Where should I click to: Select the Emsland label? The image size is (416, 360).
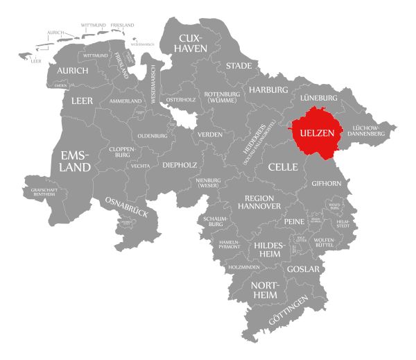(x=76, y=161)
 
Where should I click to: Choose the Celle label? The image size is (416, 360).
(x=283, y=167)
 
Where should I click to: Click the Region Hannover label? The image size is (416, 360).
(x=261, y=202)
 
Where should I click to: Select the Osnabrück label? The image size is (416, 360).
(x=126, y=208)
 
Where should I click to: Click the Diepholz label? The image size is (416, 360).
(x=180, y=165)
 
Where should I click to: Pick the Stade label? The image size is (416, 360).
(x=238, y=66)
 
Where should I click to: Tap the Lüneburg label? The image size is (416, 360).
(x=318, y=98)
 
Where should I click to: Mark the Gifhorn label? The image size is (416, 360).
(x=327, y=184)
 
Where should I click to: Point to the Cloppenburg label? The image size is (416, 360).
(x=121, y=153)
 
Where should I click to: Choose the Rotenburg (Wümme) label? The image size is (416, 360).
(x=221, y=98)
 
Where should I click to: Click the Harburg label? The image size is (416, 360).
(x=268, y=90)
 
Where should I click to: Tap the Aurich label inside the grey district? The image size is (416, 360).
(x=73, y=71)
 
